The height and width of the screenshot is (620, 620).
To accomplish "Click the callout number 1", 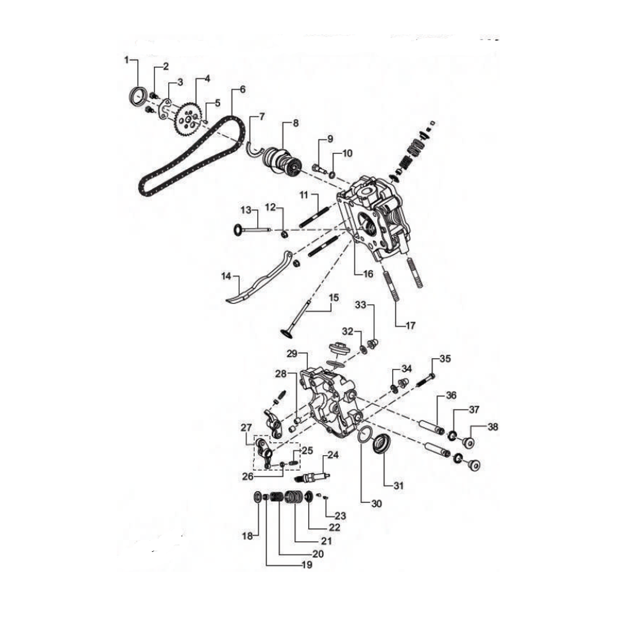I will [127, 60].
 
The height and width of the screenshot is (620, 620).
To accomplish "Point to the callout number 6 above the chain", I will [242, 90].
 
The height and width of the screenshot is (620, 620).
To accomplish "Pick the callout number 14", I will [226, 277].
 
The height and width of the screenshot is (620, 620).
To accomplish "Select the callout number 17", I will [410, 325].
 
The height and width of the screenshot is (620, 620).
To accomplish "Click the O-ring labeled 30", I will [362, 436].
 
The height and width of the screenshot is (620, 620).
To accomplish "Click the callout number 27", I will [246, 427].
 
